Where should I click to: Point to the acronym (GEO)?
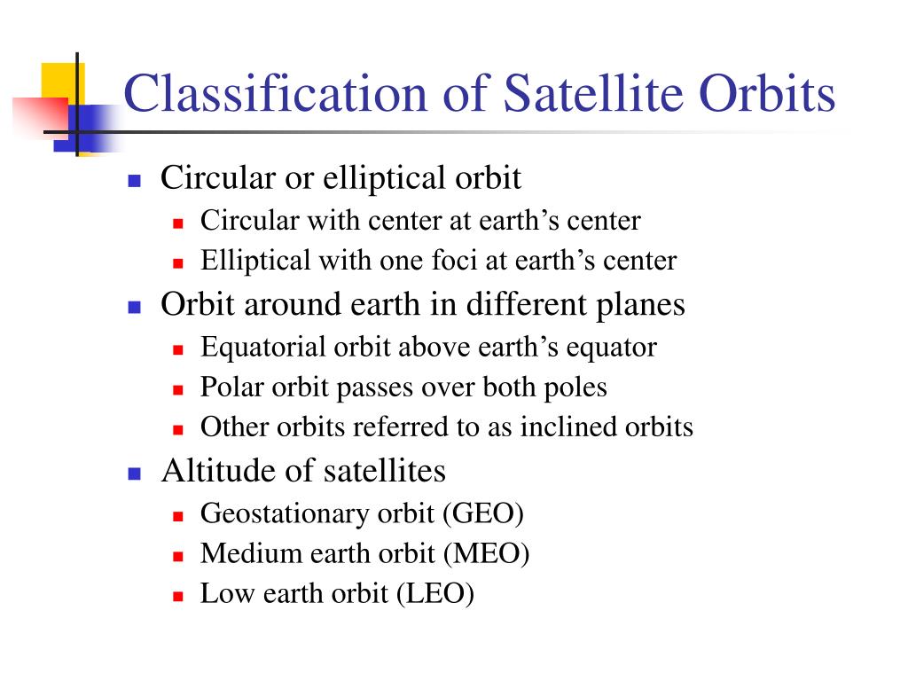point(483,513)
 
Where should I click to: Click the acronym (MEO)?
point(487,553)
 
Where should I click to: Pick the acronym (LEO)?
point(435,593)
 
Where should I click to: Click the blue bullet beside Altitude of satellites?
point(135,474)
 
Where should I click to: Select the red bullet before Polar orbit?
point(177,390)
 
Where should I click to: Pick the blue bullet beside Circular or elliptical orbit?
point(135,181)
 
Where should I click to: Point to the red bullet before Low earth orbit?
point(177,597)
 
